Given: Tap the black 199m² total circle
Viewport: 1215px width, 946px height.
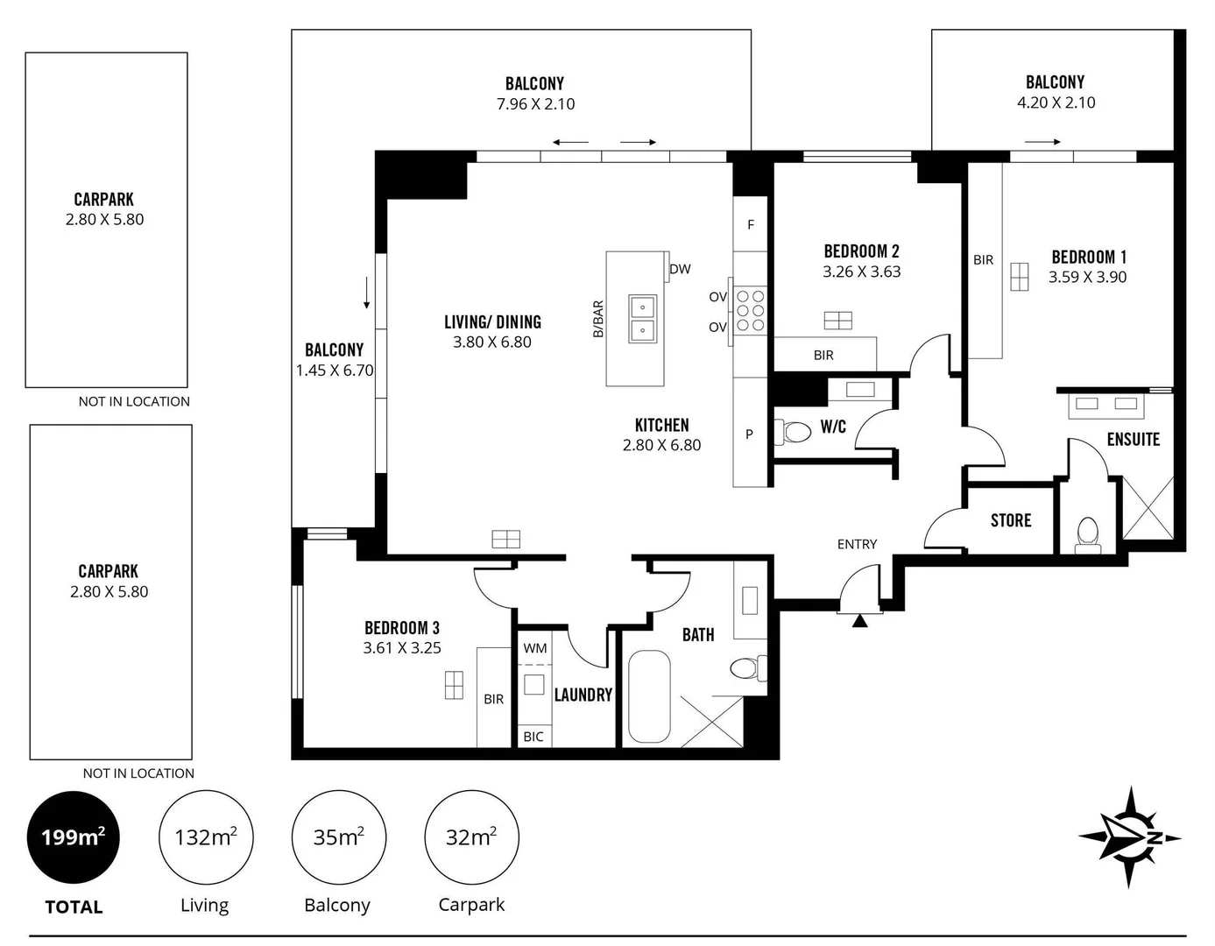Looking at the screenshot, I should [74, 837].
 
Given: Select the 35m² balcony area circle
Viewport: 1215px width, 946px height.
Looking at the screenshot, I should [338, 837].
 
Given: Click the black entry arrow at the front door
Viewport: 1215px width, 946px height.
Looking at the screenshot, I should [859, 621].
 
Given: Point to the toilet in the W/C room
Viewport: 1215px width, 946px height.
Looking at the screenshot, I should [796, 432].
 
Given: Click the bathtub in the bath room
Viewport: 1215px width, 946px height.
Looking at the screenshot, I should [649, 696].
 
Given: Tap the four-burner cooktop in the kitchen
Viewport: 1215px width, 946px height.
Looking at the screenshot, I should [751, 311].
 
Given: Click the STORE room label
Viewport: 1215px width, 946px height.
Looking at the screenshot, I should [1011, 520].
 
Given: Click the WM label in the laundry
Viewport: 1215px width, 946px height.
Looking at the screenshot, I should [535, 648].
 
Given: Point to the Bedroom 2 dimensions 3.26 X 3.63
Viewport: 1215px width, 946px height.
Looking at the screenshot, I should [861, 272].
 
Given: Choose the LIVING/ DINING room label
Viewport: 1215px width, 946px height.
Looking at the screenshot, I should [492, 322].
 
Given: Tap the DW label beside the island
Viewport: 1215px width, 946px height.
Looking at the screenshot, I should [680, 269].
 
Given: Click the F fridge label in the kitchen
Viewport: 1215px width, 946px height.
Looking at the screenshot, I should [751, 224].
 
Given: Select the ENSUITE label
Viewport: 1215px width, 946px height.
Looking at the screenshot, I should [1133, 440].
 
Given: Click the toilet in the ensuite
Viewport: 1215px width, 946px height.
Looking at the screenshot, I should [1088, 533].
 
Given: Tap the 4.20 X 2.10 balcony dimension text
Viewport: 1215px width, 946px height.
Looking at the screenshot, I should [1056, 102].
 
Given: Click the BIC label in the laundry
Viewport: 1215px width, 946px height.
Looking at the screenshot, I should [533, 737].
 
